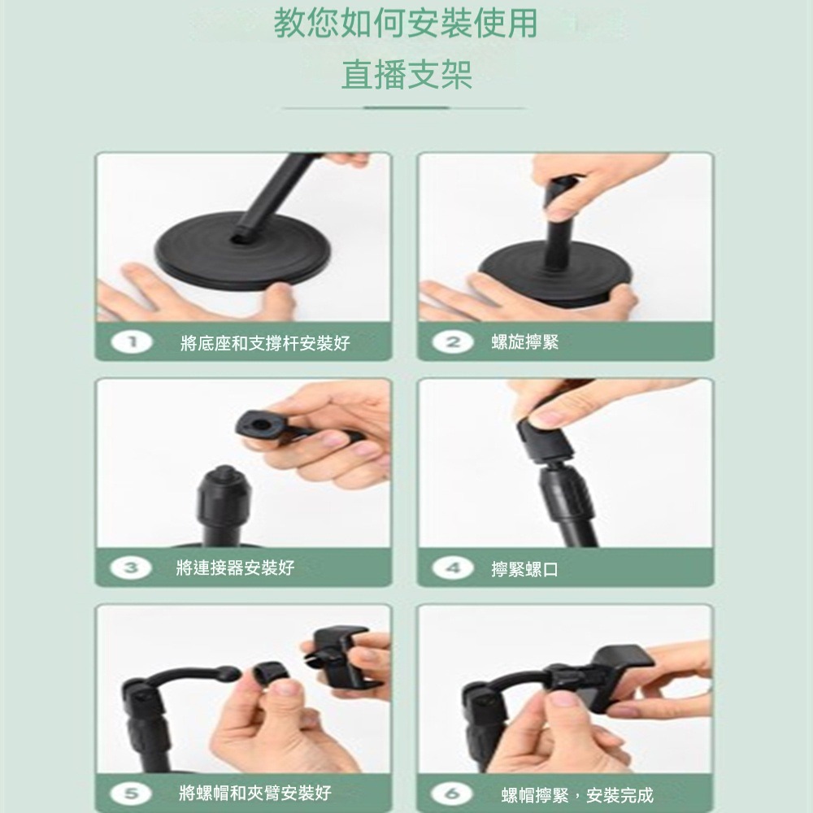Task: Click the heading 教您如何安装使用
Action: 406,24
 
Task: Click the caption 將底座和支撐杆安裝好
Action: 265,343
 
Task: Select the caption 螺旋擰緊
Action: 525,342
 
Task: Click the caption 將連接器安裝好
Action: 235,567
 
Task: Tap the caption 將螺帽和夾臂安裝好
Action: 254,793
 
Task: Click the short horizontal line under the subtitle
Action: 406,107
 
